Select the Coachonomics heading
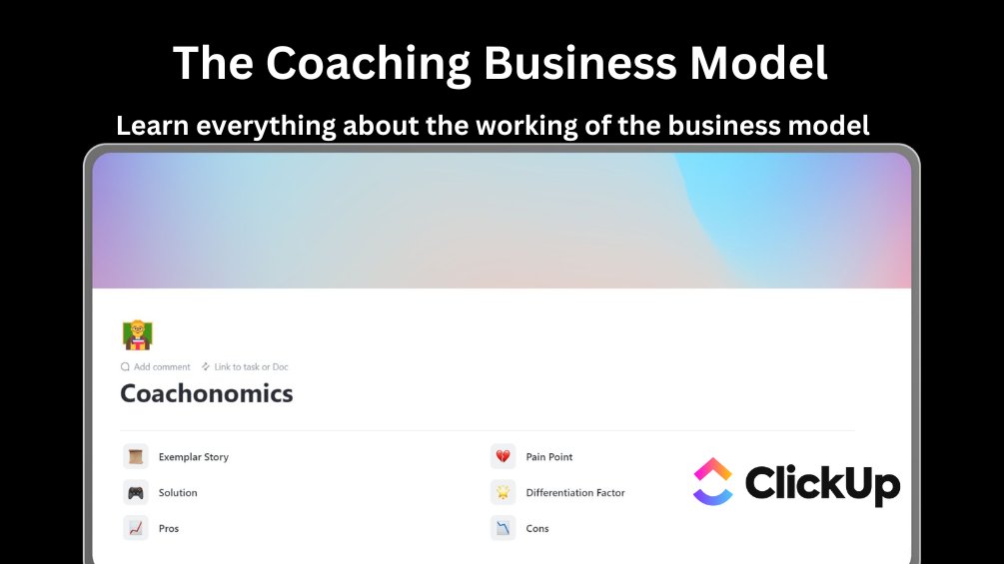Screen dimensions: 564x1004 coord(207,393)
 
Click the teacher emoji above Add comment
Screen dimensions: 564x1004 coord(137,334)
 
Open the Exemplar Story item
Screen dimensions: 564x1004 coord(194,457)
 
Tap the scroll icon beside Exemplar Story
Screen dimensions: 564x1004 coord(136,457)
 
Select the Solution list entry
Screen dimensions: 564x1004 coord(178,493)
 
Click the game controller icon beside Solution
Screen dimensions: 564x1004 coord(136,493)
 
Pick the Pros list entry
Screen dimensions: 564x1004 coord(169,529)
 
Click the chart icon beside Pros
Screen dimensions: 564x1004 coord(136,529)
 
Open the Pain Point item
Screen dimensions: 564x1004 coord(549,457)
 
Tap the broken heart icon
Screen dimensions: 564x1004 coord(503,457)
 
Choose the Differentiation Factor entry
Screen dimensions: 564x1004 coord(575,493)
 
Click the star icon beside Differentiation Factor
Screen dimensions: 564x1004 coord(503,493)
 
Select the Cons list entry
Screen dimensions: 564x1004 coord(537,529)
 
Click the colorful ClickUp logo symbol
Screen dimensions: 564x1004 coord(713,482)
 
